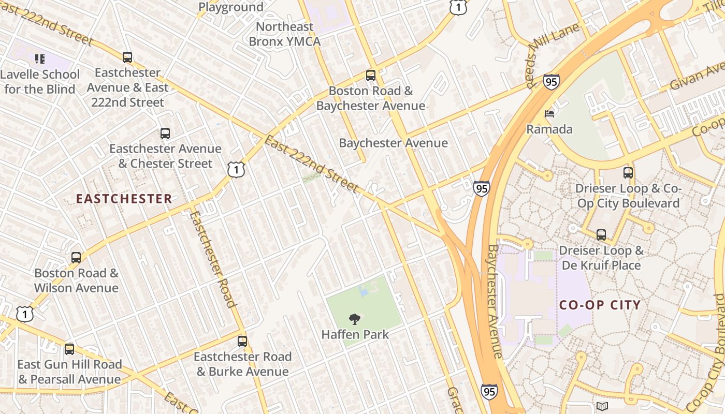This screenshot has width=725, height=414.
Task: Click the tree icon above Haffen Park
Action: (355, 319)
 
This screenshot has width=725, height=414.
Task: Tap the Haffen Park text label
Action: (355, 334)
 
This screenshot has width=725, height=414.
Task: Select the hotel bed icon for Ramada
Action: (549, 113)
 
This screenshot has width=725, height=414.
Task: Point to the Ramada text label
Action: (549, 129)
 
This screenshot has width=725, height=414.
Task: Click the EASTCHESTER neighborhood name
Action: (124, 199)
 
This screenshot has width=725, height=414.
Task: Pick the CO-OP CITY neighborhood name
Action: (600, 305)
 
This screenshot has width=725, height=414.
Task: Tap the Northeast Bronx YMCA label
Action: (284, 34)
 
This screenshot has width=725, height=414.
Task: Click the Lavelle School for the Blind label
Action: (40, 82)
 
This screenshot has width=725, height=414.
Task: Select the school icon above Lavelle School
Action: (40, 59)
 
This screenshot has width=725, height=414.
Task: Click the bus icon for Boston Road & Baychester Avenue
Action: (370, 76)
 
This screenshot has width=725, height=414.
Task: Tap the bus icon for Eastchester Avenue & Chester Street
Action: (165, 134)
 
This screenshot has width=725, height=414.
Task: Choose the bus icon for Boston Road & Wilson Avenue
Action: (76, 257)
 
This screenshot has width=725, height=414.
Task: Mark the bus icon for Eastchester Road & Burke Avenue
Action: (242, 342)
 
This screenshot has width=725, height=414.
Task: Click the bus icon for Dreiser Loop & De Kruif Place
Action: (601, 235)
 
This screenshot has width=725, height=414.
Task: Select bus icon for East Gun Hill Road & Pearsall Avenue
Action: (69, 349)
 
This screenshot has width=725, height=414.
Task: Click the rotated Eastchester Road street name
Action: (212, 259)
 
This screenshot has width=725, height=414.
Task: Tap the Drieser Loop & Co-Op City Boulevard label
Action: (628, 196)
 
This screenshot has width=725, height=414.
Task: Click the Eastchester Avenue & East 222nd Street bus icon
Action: (127, 57)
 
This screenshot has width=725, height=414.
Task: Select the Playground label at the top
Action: (231, 7)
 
